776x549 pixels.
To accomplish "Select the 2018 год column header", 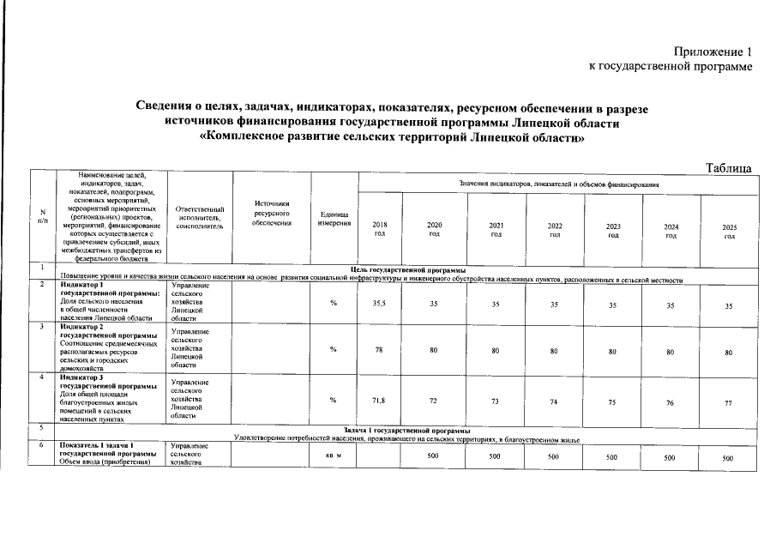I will click(380, 230).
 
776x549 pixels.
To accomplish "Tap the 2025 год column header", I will click(729, 232).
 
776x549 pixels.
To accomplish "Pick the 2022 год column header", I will click(555, 230).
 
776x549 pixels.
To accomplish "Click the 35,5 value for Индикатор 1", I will click(380, 304).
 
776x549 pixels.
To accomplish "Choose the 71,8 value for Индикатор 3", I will click(380, 401).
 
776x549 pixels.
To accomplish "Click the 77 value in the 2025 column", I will click(728, 402).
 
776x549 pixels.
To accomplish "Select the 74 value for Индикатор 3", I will click(555, 401).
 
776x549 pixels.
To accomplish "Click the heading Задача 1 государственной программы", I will click(406, 431).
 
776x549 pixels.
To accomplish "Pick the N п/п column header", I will click(41, 218).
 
